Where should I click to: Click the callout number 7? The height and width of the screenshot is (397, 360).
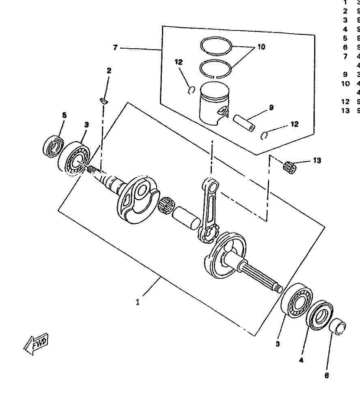coord(115,48)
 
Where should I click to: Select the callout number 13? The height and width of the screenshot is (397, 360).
coord(317,161)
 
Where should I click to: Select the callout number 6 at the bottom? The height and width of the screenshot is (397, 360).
coord(326,375)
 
